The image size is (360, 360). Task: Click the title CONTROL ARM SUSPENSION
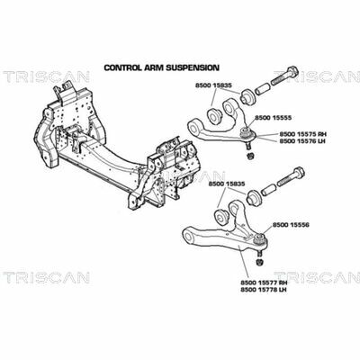(x=161, y=67)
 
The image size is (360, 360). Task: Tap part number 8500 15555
(x=273, y=118)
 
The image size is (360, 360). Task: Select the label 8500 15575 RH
(x=303, y=134)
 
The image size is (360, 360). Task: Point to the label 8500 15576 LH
(x=302, y=140)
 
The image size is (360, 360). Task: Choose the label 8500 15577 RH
(x=264, y=283)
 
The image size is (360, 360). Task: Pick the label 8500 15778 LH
(x=264, y=290)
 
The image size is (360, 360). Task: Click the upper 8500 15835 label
(x=213, y=85)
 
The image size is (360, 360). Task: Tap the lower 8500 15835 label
(x=227, y=184)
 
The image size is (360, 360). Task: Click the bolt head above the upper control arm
(x=292, y=71)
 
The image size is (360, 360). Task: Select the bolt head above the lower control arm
(x=298, y=173)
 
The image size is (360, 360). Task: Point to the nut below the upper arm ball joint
(x=251, y=156)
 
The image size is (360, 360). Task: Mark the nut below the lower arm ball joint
(x=259, y=262)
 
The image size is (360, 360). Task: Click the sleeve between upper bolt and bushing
(x=264, y=88)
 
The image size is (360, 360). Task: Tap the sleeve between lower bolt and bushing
(x=269, y=190)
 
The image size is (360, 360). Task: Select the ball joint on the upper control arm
(x=248, y=134)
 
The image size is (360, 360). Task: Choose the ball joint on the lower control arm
(x=260, y=240)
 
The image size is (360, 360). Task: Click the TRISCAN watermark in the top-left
(x=46, y=76)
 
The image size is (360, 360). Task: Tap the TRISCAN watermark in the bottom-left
(x=46, y=277)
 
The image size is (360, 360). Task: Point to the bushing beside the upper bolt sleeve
(x=248, y=96)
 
